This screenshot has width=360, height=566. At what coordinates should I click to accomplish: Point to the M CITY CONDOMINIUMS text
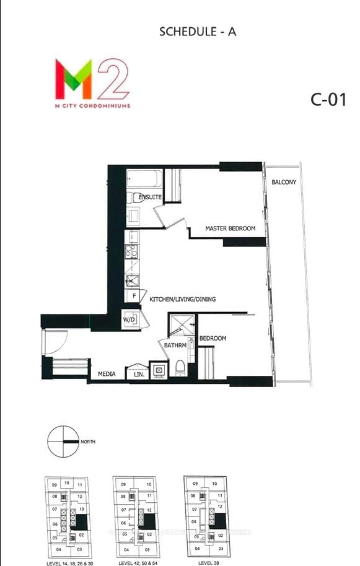point(92,106)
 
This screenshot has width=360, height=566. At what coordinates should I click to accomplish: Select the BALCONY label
point(284,182)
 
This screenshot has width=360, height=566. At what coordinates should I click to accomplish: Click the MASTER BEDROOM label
point(230,229)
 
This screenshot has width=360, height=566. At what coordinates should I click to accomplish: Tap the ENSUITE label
point(150,197)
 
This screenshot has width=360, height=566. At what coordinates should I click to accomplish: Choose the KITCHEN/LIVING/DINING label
point(183,299)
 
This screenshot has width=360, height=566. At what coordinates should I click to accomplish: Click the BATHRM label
point(174,346)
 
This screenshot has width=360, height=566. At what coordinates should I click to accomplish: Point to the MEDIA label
point(108,374)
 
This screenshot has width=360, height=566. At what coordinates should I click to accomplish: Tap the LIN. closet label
point(138,374)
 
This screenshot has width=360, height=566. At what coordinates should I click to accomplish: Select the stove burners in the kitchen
point(131,251)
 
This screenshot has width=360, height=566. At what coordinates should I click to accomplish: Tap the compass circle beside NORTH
point(63,442)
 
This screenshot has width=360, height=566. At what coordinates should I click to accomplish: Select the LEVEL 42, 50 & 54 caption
point(136,563)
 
